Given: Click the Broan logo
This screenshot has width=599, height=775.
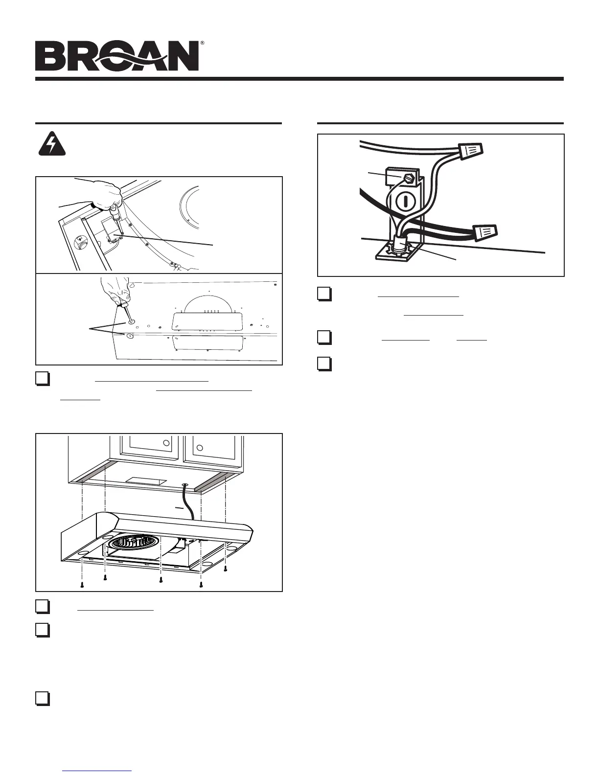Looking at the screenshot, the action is click(x=117, y=56).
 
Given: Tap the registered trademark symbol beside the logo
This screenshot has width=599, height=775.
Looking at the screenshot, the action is click(x=202, y=44).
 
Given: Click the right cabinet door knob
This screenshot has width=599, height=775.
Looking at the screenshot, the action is click(x=199, y=447).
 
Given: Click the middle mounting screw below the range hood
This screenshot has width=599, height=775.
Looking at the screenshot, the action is click(x=161, y=580).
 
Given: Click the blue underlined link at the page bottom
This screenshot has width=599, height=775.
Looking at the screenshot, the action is click(x=97, y=770).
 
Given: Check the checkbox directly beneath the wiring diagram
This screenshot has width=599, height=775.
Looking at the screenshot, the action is click(x=324, y=294).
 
